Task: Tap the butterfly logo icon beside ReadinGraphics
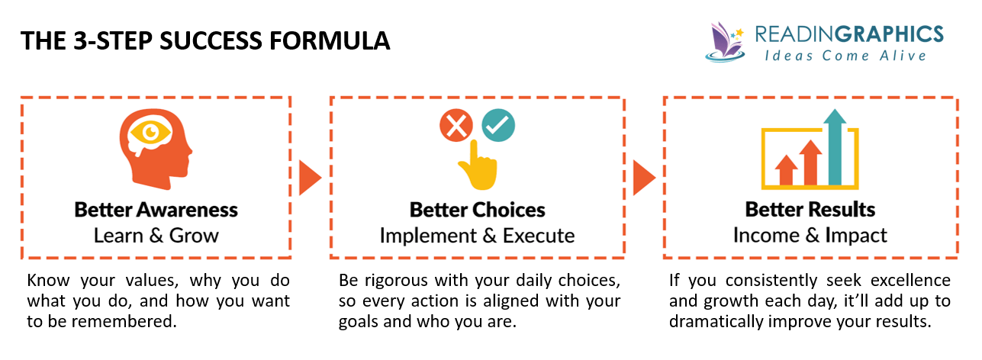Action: [726, 42]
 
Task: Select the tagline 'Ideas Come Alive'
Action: [845, 56]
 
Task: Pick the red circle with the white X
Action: [456, 126]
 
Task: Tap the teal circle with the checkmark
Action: [499, 126]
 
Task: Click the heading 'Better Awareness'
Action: [156, 210]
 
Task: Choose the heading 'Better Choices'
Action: [477, 210]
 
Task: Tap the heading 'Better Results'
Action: [810, 210]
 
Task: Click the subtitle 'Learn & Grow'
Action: [156, 235]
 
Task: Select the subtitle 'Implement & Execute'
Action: [477, 235]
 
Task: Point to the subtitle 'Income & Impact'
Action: [810, 235]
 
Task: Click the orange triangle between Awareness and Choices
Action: [308, 178]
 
